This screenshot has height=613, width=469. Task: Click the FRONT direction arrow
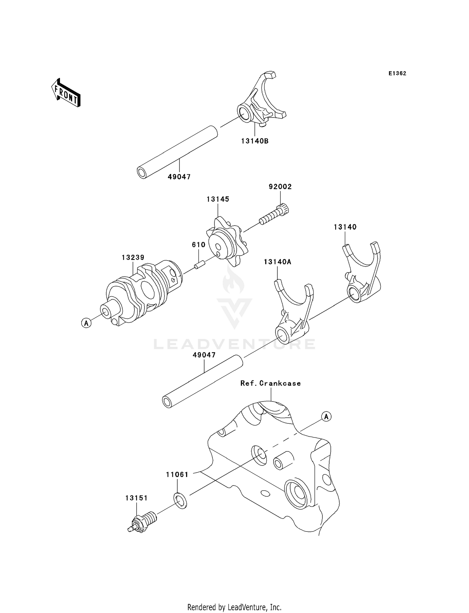click(66, 93)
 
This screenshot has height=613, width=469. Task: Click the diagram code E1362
click(397, 73)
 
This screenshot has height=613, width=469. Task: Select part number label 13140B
click(255, 141)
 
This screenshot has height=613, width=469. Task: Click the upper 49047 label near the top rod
click(179, 177)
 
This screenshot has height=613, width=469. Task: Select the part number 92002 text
click(280, 187)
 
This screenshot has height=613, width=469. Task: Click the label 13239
click(133, 257)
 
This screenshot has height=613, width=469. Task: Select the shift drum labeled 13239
click(142, 292)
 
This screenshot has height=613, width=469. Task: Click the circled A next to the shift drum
click(86, 323)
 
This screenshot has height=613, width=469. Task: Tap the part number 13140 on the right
click(345, 227)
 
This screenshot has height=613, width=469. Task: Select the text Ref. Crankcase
click(270, 383)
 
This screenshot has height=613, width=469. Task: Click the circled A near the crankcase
click(326, 416)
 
